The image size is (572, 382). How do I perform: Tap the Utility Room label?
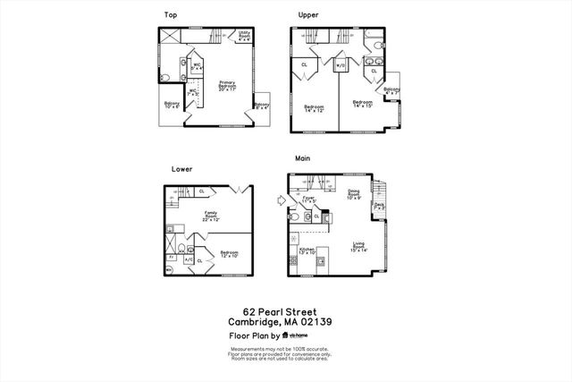point(243,36)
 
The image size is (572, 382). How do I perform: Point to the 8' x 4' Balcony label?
point(262,106)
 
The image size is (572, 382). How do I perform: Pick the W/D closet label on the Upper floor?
point(341,65)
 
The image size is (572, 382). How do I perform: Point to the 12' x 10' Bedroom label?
point(229,255)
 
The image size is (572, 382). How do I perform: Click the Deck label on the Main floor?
point(379,206)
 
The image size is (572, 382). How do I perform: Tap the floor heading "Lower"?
point(181,168)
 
